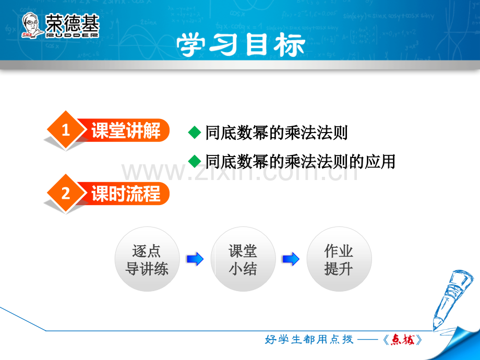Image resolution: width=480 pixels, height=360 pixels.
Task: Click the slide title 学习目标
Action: [241, 45]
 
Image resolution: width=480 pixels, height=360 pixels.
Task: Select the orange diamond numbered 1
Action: [66, 130]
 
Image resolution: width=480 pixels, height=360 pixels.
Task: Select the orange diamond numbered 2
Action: [66, 193]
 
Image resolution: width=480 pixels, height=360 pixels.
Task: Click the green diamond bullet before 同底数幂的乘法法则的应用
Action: [195, 161]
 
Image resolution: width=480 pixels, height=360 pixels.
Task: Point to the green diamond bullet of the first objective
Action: [195, 133]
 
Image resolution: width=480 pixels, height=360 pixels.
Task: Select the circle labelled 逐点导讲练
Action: [147, 259]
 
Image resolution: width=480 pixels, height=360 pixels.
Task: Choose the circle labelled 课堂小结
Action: [243, 259]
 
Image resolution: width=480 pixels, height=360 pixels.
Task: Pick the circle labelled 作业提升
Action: [339, 259]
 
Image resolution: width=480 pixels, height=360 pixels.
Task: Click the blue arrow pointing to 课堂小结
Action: [195, 259]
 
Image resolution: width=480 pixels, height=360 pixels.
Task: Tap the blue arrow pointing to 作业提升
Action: [291, 259]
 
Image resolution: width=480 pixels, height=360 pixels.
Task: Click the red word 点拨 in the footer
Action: [403, 340]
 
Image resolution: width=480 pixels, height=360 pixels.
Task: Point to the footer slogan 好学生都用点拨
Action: [309, 340]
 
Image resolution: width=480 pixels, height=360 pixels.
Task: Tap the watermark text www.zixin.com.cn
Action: [239, 172]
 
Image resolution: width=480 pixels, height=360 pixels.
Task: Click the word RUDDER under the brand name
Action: [72, 35]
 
